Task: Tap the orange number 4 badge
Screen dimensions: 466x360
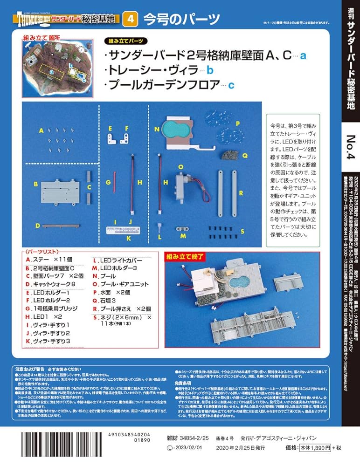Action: point(131,19)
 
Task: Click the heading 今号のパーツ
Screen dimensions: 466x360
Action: point(181,19)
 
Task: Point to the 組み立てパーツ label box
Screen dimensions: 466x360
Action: point(125,41)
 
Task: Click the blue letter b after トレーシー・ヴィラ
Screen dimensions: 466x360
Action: point(209,71)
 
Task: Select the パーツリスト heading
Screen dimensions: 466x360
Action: point(43,251)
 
